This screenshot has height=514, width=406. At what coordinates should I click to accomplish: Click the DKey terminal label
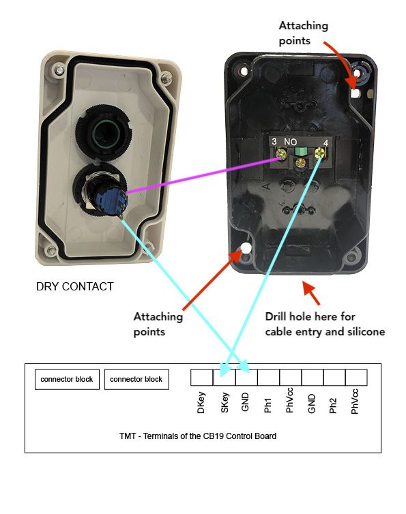(x=201, y=403)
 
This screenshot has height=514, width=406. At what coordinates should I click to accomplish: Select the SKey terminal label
(x=224, y=403)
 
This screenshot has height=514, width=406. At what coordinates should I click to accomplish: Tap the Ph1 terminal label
(x=267, y=405)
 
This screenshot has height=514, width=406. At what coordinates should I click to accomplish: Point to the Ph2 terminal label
(x=333, y=406)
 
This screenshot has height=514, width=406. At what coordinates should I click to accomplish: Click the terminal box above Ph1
(x=268, y=377)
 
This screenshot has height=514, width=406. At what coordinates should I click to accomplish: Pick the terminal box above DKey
(x=202, y=377)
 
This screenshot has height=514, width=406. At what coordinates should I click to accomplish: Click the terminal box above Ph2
(x=334, y=377)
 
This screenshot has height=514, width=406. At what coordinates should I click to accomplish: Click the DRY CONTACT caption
(x=75, y=286)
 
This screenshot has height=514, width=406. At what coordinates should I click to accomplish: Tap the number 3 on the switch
(x=274, y=141)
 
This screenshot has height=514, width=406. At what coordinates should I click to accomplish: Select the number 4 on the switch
(x=325, y=143)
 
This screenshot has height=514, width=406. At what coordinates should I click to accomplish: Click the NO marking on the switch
(x=290, y=142)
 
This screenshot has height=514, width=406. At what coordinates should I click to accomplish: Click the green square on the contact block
(x=301, y=151)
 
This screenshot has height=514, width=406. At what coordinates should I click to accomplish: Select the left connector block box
(x=67, y=380)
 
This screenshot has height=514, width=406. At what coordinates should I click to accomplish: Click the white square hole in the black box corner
(x=355, y=93)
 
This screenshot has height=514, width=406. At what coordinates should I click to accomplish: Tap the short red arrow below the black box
(x=311, y=292)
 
